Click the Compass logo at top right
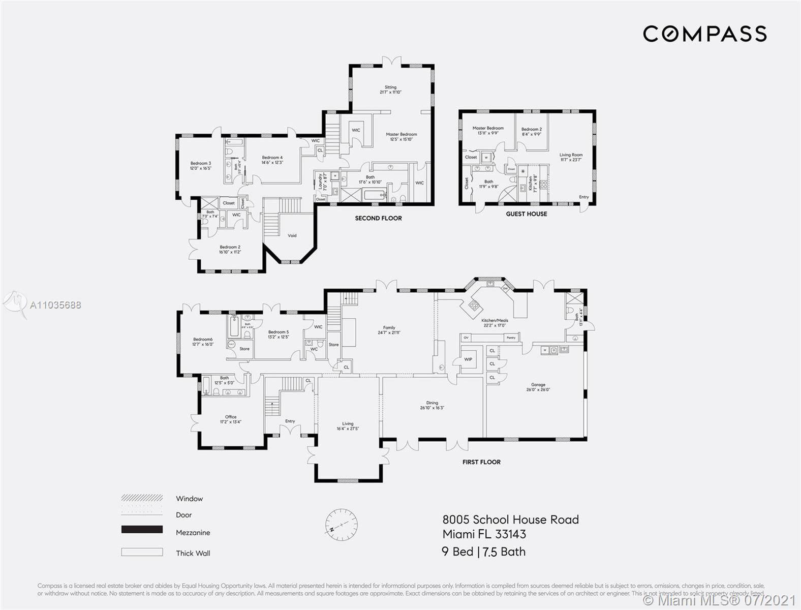coord(704,34)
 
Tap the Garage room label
coord(538,387)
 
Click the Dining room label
coord(432,405)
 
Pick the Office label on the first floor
coord(230,419)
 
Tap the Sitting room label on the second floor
coord(390,90)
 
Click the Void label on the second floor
coord(292,235)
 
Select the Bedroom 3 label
coord(200,166)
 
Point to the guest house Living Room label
coord(571,157)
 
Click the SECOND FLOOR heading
coord(378,218)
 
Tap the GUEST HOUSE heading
coord(527,214)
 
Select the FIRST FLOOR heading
coord(481,462)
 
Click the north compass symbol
coord(341,525)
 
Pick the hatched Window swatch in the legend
coord(142,498)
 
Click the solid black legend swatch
coord(142,530)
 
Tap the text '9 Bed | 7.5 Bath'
coord(483,552)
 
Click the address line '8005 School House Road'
coord(510,520)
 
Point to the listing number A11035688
coord(55,305)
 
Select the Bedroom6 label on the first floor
coord(203,342)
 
